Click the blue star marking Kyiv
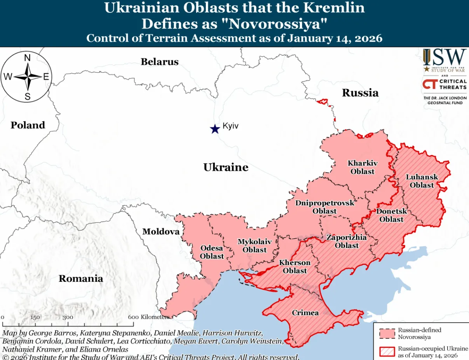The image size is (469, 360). click(x=214, y=129)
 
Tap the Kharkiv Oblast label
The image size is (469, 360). click(x=362, y=167)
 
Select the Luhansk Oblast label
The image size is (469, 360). click(x=422, y=181)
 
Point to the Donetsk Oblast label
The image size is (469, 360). click(x=391, y=215)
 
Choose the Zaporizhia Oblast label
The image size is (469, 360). click(x=347, y=241)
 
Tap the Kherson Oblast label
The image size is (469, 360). click(x=295, y=267)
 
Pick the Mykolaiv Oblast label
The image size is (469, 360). click(x=255, y=246)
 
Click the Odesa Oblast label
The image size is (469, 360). click(x=212, y=252)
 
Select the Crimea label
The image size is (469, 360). click(x=305, y=313)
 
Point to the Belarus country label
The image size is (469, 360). click(x=159, y=62)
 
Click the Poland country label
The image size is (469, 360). click(x=28, y=125)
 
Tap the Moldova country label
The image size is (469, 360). click(x=161, y=232)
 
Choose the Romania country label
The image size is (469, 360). click(x=81, y=278)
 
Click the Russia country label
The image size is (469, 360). click(x=360, y=93)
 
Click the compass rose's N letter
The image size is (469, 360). click(x=28, y=58)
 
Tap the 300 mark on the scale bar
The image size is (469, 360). click(x=68, y=317)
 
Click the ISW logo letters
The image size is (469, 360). click(x=445, y=57)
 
